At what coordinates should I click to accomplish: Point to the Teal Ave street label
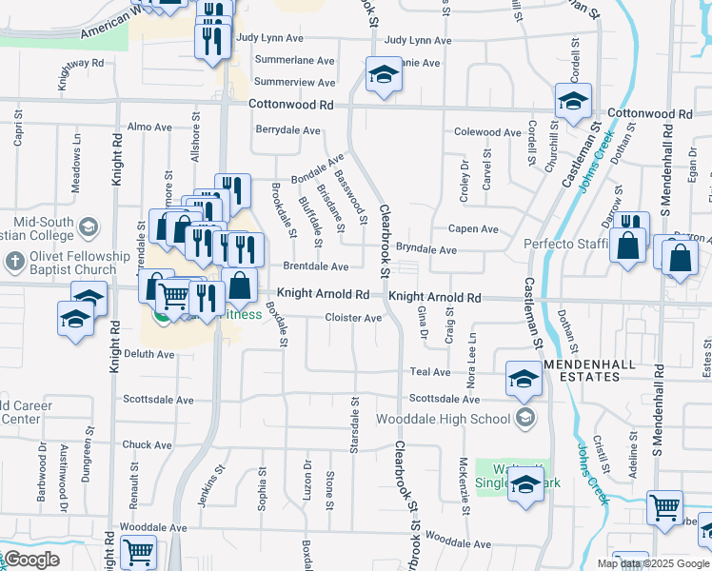click(429, 372)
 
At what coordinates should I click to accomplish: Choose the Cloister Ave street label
click(353, 318)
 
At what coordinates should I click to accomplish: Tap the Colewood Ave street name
click(488, 132)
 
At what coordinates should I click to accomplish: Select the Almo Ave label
click(149, 127)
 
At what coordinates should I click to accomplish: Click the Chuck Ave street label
click(147, 444)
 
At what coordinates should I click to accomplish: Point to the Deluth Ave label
click(148, 354)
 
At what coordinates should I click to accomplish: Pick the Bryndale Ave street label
click(426, 249)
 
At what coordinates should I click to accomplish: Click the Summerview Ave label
click(295, 83)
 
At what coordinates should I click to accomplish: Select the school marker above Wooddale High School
click(523, 380)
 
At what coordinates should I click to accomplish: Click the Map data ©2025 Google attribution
click(652, 563)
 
